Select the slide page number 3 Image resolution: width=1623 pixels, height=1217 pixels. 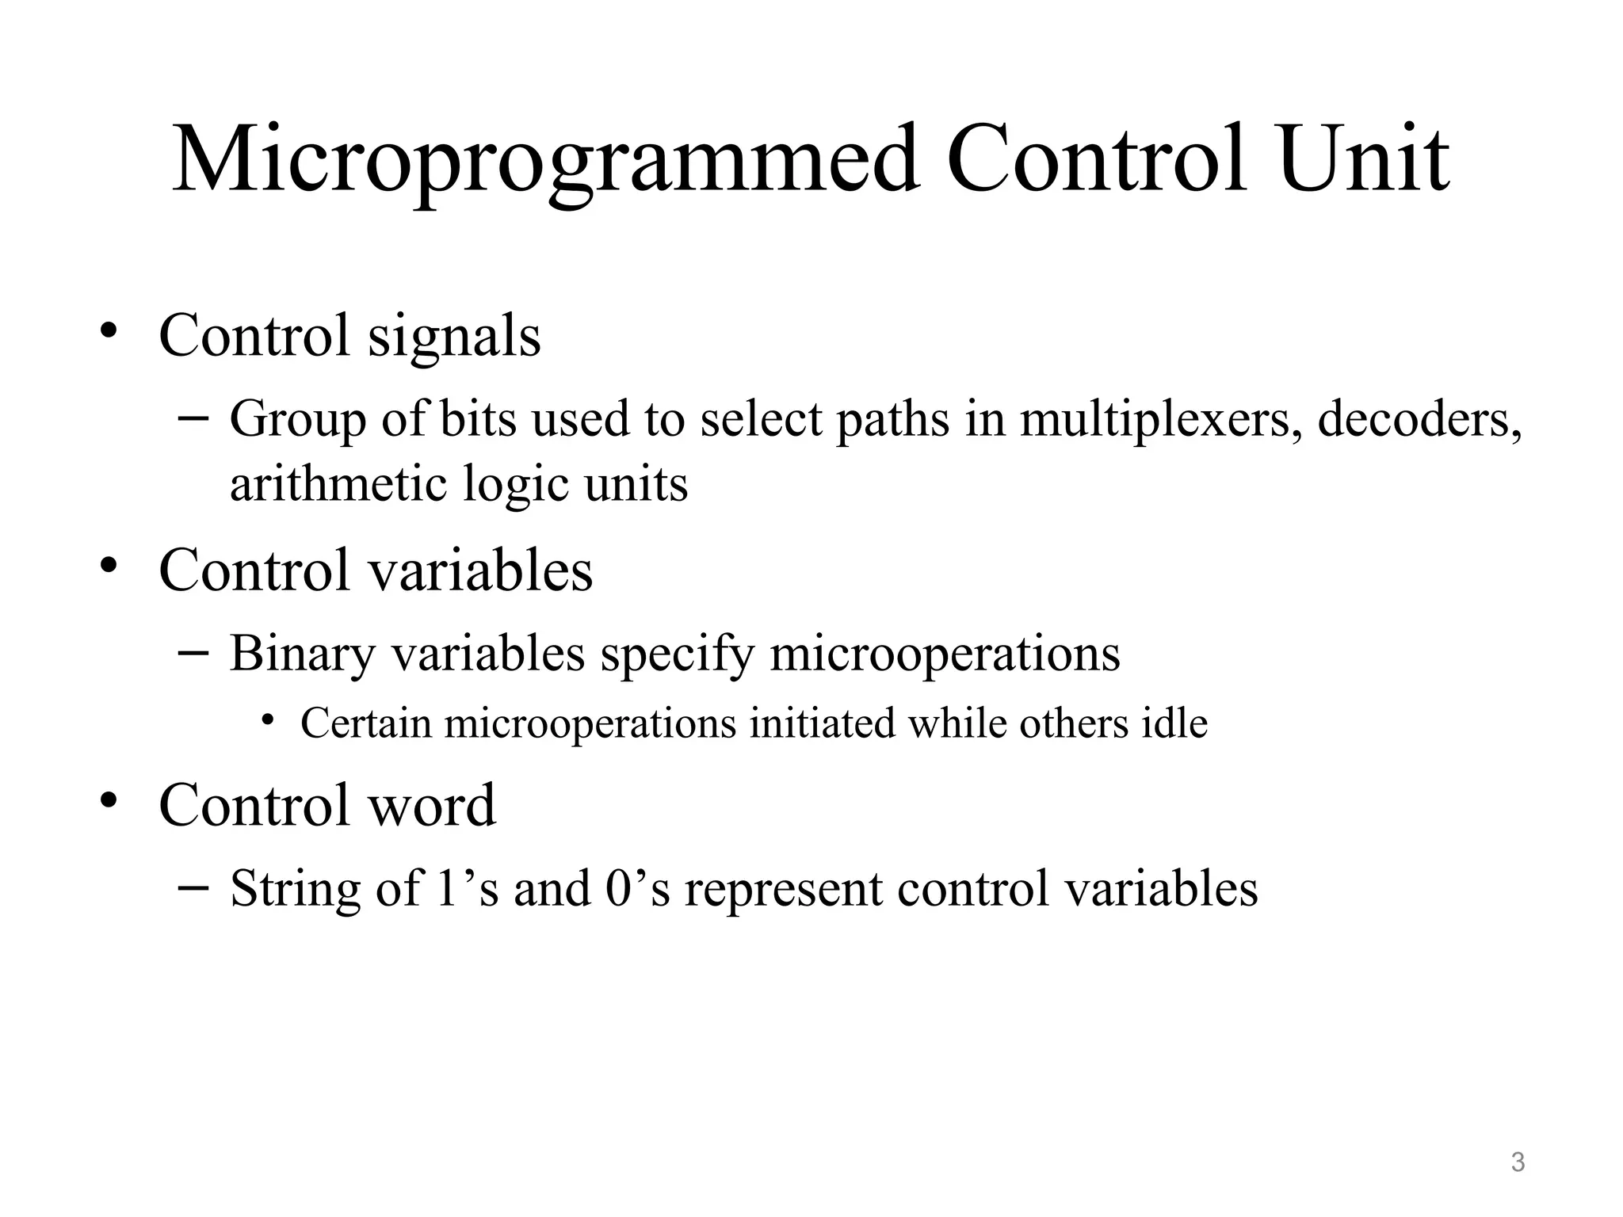click(x=1518, y=1162)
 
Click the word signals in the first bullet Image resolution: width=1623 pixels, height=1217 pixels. click(x=454, y=338)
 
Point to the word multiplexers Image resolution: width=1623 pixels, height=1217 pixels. click(x=1161, y=420)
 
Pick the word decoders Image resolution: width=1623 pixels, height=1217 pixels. click(x=1419, y=420)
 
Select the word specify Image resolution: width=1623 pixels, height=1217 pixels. click(x=677, y=655)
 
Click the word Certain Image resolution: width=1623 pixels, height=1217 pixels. click(x=365, y=724)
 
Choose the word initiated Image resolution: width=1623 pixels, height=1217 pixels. click(x=822, y=723)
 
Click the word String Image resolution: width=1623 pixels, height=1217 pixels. click(x=295, y=889)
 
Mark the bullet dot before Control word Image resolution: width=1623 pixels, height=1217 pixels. click(x=109, y=800)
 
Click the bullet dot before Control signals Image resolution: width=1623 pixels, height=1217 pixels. click(x=109, y=330)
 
